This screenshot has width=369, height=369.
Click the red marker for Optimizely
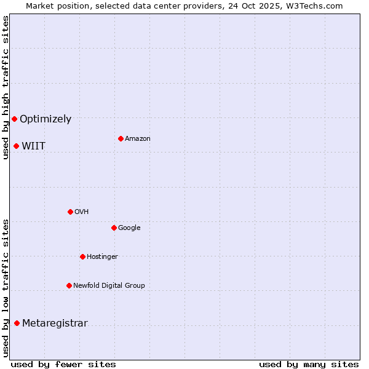[x=14, y=119]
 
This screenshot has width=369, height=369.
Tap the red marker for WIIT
[x=16, y=146]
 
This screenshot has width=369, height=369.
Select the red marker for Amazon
[x=121, y=138]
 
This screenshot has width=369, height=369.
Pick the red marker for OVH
[x=70, y=212]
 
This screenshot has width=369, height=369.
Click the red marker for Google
[x=114, y=228]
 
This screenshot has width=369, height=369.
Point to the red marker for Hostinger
[x=82, y=256]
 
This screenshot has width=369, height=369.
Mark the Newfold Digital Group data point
[x=69, y=285]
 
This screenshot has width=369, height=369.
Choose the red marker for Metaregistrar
[x=17, y=323]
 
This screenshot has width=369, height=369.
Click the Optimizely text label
[x=46, y=119]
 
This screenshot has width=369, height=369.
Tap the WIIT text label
[x=33, y=146]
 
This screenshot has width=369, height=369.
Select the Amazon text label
[x=138, y=139]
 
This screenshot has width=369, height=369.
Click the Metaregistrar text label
[x=55, y=323]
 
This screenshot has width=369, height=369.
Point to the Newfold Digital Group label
[x=109, y=285]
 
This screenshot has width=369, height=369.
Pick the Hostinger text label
[x=102, y=256]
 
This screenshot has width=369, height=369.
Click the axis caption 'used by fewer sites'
[x=63, y=364]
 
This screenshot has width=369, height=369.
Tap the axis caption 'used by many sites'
[x=309, y=364]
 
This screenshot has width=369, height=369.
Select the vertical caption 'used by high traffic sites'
[x=6, y=87]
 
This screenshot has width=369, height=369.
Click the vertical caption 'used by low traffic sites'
[x=6, y=288]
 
